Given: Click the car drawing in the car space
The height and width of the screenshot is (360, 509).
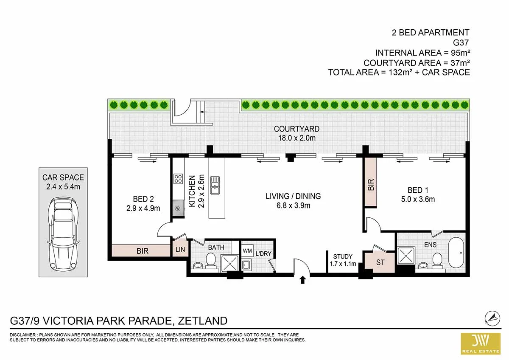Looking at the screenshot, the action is [63, 234].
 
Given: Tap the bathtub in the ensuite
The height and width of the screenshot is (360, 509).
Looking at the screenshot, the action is [456, 253].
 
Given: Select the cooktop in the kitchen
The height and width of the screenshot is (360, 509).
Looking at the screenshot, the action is [178, 179].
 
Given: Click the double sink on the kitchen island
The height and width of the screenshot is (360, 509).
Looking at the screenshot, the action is [215, 185].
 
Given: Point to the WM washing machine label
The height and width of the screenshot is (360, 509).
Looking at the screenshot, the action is [247, 250].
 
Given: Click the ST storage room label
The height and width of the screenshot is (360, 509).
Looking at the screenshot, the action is [380, 262].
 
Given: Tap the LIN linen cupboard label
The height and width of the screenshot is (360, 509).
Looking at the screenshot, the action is [180, 250].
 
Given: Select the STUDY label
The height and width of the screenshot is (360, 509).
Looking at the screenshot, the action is [343, 256].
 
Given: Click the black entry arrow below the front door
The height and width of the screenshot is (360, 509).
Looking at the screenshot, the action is [302, 280].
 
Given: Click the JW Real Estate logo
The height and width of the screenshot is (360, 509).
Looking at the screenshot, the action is [481, 343].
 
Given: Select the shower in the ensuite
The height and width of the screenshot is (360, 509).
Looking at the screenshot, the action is [406, 256].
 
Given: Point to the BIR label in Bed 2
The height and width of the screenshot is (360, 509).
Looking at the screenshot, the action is [143, 251].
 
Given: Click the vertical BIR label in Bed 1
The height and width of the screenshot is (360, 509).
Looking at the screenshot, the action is [371, 185].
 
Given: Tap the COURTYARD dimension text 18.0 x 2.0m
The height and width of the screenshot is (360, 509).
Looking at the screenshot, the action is [297, 138].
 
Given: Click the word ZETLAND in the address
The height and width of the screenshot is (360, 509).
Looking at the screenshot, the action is [202, 321].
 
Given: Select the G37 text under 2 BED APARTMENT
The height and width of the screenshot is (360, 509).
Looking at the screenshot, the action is [461, 42].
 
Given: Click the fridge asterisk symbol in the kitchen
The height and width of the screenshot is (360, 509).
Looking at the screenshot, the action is [178, 208].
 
